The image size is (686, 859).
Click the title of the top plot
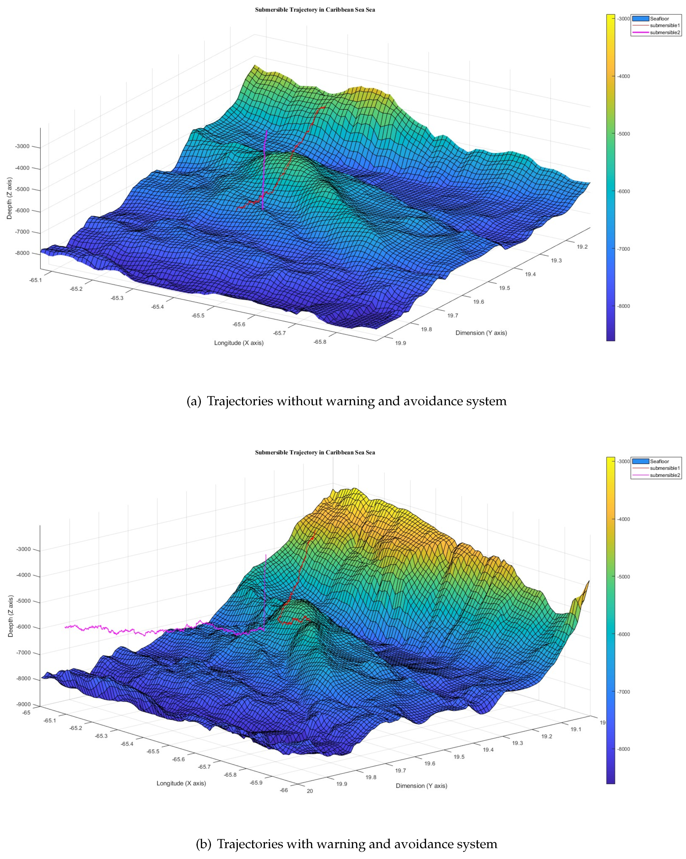point(315,10)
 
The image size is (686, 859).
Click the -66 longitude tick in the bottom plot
point(283,790)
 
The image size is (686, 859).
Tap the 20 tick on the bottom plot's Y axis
point(310,791)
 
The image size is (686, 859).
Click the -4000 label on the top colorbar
point(623,76)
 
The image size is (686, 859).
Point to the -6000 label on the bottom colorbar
point(623,634)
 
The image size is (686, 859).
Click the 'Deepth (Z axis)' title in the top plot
point(9,198)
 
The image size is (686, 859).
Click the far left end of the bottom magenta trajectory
point(66,627)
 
